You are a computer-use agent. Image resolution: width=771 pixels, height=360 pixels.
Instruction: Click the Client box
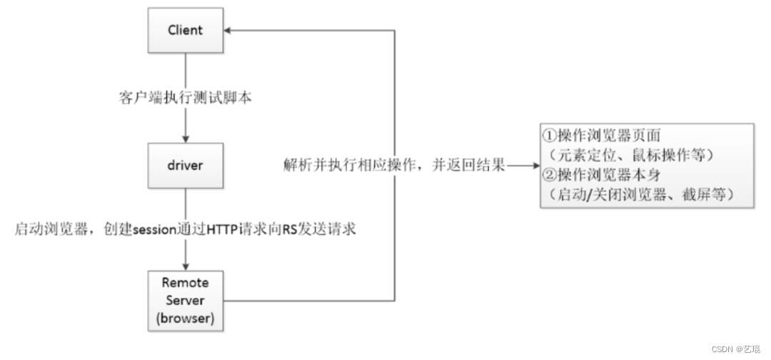coord(186,31)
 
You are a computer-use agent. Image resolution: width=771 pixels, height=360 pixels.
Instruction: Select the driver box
coord(186,166)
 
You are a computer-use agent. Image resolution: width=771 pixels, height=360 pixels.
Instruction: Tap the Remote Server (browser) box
coord(186,301)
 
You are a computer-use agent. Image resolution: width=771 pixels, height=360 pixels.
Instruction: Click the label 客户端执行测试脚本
coord(186,99)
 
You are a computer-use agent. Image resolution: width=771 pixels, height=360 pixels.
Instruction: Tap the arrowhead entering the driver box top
coord(186,138)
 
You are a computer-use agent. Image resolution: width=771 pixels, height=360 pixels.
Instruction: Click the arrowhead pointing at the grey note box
coord(533,166)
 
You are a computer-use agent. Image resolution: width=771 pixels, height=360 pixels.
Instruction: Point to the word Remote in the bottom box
coord(186,283)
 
